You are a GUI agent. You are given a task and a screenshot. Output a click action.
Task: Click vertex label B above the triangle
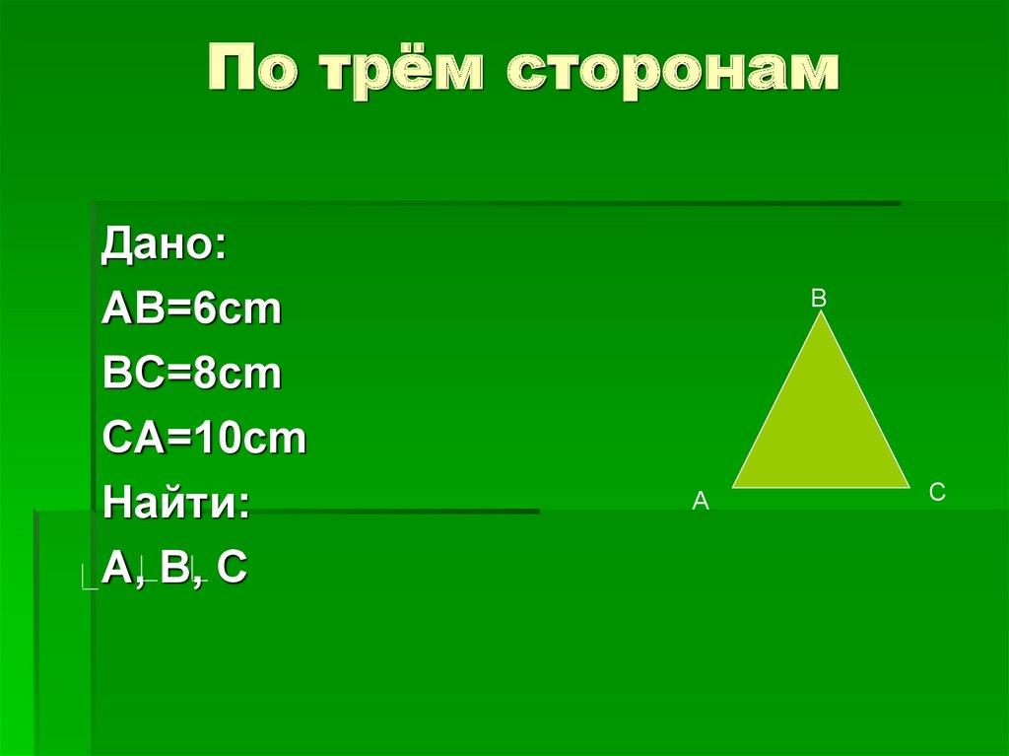[819, 298]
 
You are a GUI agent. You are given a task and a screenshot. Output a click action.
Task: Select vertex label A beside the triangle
[701, 502]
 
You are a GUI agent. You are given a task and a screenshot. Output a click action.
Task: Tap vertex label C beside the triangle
[937, 493]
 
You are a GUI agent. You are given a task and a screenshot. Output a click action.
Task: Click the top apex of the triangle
[821, 314]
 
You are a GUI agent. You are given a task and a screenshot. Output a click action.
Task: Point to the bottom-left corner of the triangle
[734, 486]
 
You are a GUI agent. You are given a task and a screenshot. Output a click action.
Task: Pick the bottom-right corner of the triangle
[908, 486]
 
